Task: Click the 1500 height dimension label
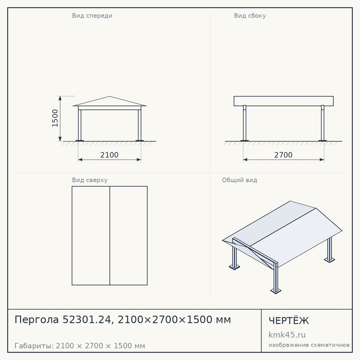55,118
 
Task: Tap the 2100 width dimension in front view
109,155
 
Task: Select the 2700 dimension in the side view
283,155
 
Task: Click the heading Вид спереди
92,15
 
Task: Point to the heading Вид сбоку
250,15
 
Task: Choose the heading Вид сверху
90,180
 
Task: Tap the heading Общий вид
239,180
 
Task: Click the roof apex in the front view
109,96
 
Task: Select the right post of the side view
323,123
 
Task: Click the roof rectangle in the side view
284,101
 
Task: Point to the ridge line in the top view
110,235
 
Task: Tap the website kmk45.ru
287,335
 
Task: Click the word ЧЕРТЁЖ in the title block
289,320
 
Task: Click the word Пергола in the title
37,320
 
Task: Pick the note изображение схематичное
309,345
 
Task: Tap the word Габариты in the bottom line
34,346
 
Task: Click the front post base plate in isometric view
276,291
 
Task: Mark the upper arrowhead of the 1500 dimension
60,98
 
